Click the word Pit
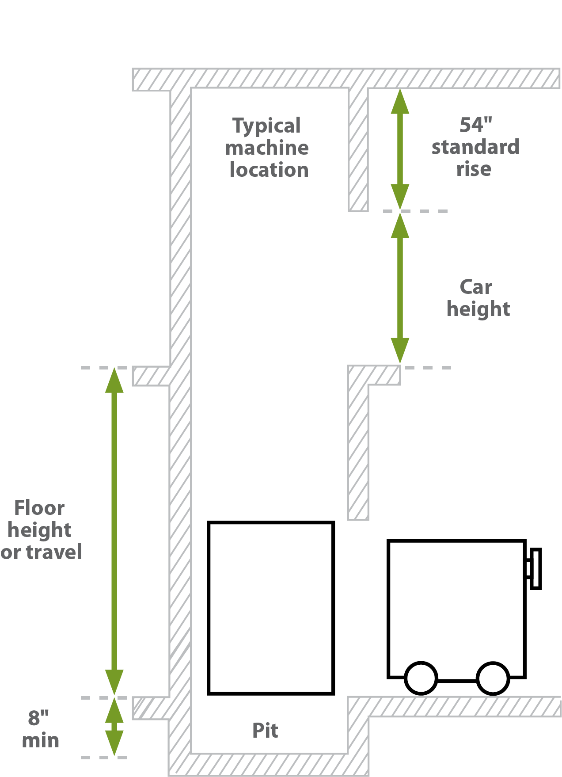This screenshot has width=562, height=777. (265, 730)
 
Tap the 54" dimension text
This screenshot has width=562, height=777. (476, 125)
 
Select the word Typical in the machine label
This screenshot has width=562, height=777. (266, 126)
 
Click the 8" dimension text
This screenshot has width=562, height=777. (38, 718)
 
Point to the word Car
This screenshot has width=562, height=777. (476, 287)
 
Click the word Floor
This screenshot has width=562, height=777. (39, 508)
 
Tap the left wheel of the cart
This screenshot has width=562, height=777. (421, 678)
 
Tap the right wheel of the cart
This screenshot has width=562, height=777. (493, 678)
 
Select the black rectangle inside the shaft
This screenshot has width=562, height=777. (209, 608)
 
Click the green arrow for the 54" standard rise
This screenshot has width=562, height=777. (400, 149)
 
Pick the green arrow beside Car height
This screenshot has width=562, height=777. (400, 288)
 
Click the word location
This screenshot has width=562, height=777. (269, 170)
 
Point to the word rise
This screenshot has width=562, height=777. (474, 169)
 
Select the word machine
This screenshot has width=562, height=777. (267, 148)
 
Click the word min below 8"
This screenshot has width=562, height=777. (41, 740)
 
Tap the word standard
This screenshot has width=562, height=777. (475, 147)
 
